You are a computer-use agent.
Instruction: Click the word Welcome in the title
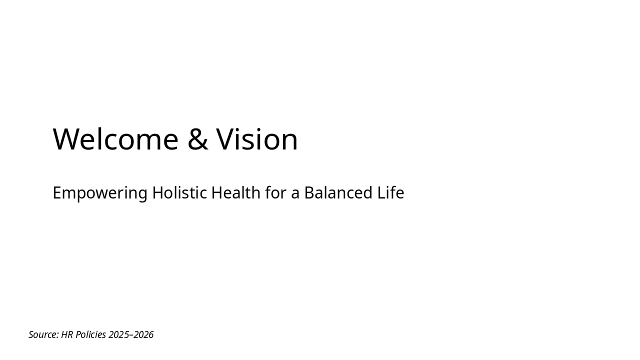tap(115, 139)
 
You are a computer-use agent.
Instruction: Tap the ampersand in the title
tap(197, 139)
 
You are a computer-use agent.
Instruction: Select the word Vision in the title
tap(257, 139)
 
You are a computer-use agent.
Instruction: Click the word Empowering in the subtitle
tap(100, 193)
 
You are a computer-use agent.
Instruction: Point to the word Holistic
tap(179, 192)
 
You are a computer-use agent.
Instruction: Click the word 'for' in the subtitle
tap(275, 192)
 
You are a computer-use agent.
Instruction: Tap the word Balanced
tap(338, 192)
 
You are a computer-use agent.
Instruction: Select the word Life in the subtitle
tap(390, 192)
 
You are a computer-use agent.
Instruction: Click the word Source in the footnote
tap(43, 334)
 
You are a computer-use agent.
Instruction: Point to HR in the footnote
tap(67, 334)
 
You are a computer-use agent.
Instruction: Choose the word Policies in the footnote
tap(90, 334)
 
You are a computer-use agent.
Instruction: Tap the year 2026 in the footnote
tap(143, 334)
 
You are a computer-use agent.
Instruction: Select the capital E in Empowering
tap(57, 192)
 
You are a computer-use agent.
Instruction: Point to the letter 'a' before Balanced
tap(295, 193)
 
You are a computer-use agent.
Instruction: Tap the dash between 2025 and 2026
tap(131, 335)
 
